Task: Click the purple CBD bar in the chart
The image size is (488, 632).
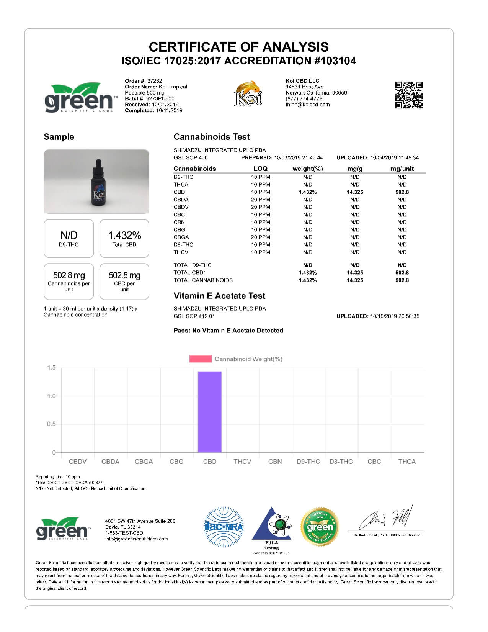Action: [209, 412]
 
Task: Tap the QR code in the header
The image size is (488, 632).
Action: [409, 95]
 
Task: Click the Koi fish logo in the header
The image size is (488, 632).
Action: [249, 93]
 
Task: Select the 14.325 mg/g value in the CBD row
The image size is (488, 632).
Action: [355, 192]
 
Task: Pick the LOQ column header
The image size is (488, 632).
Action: [260, 169]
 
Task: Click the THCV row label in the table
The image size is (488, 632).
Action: [181, 252]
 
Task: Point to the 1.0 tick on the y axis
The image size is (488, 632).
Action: [52, 396]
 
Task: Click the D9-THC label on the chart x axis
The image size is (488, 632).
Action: [308, 462]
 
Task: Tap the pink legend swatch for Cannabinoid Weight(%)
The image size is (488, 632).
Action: [200, 359]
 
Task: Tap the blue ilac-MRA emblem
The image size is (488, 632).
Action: [224, 527]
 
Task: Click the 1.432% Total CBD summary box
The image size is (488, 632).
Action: [124, 238]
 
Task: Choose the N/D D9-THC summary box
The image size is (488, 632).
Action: [69, 238]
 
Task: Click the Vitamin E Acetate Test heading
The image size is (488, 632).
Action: [219, 296]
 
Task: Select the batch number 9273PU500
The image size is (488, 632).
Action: [160, 98]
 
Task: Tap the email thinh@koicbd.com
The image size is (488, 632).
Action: [307, 105]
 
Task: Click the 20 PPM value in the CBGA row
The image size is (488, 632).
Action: [260, 237]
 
